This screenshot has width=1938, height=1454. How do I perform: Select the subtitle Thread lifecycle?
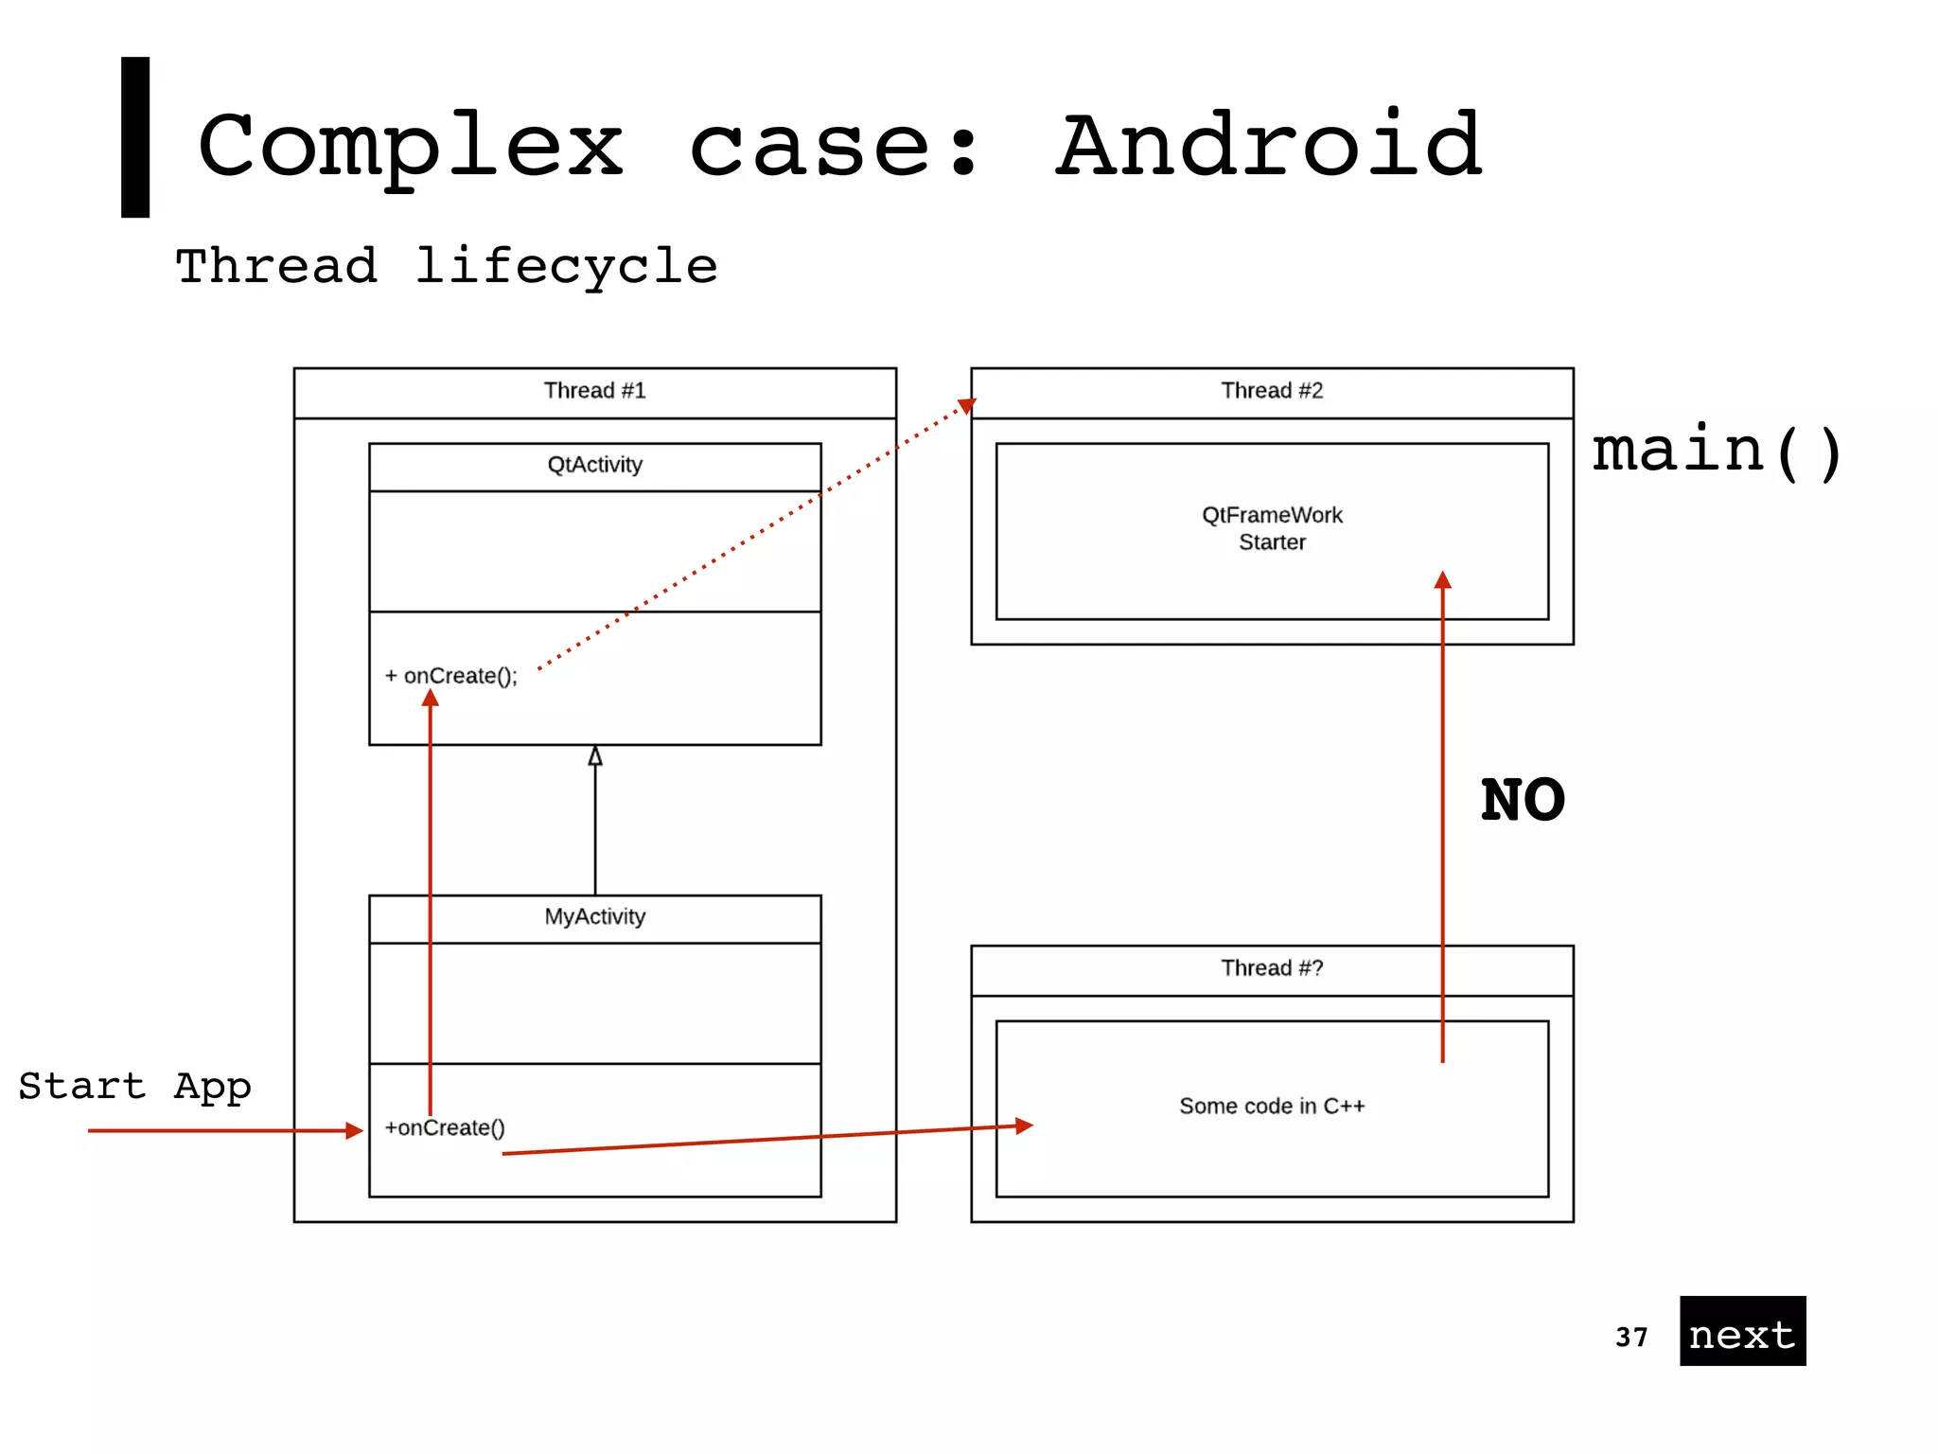tap(447, 266)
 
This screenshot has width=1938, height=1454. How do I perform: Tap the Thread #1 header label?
tap(594, 391)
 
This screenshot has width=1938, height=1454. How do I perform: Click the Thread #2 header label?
tap(1271, 391)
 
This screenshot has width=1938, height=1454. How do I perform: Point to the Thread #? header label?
tap(1271, 968)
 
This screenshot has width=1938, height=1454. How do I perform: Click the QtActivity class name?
tap(594, 465)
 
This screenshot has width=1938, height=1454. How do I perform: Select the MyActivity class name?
tap(594, 916)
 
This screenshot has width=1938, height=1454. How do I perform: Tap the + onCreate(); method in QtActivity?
tap(451, 676)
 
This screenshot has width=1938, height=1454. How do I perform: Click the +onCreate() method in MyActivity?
tap(445, 1127)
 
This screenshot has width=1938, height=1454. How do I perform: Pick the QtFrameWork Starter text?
tap(1271, 528)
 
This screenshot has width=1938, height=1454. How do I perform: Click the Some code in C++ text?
tap(1271, 1106)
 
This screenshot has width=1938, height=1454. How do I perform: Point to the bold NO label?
tap(1522, 801)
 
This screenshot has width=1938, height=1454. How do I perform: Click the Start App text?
tap(134, 1086)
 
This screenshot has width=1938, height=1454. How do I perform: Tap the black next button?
tap(1742, 1331)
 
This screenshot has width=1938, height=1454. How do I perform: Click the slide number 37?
tap(1631, 1337)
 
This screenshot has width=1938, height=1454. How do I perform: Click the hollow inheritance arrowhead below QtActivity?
tap(595, 755)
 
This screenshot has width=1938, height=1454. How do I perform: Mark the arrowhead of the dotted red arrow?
tap(966, 406)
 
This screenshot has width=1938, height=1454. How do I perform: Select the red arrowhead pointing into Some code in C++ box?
tap(1024, 1126)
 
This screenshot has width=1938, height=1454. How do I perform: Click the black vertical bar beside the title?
tap(135, 137)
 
